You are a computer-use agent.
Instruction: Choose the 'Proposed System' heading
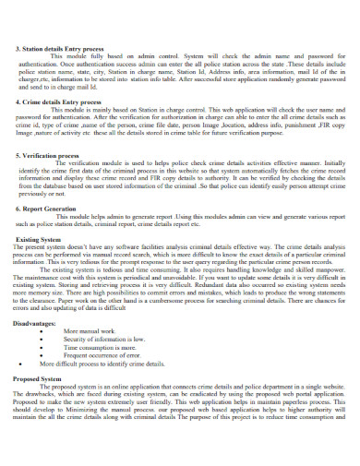point(39,403)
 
